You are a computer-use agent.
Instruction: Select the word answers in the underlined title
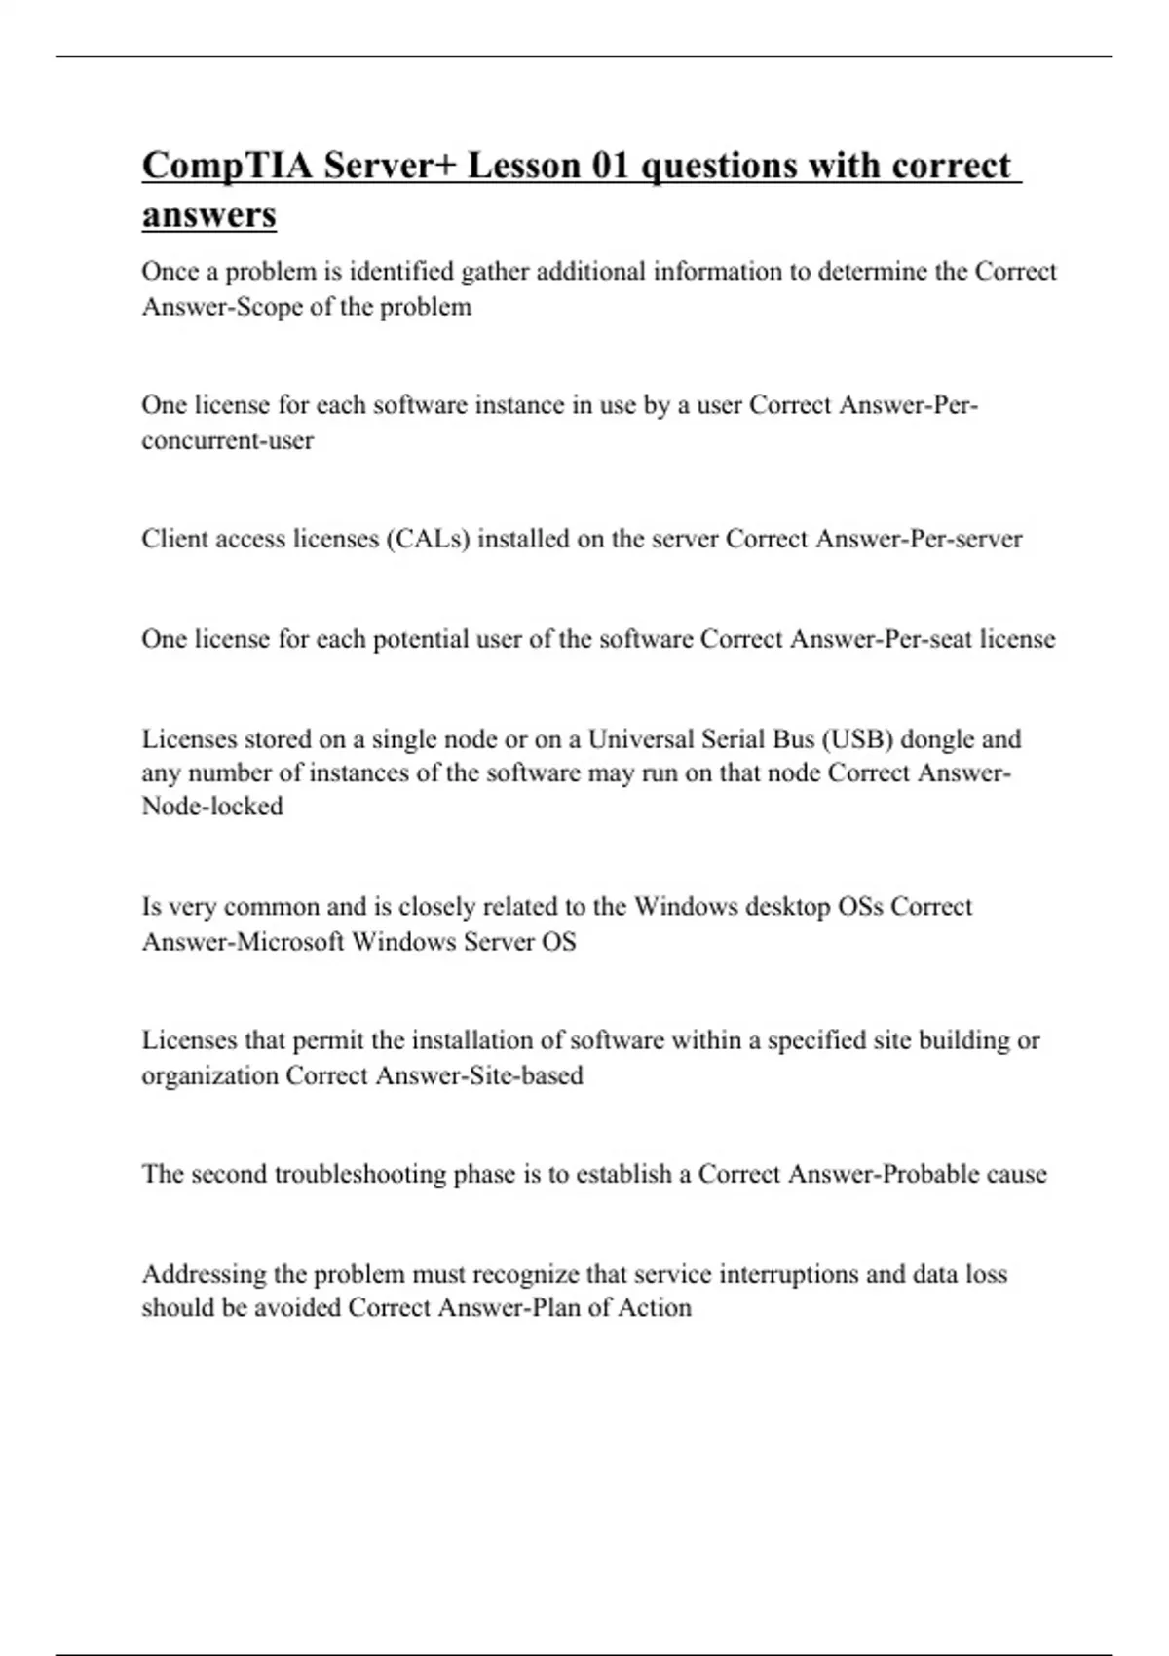[208, 214]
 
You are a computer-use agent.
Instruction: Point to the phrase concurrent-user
[227, 440]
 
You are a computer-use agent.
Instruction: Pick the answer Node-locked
[212, 807]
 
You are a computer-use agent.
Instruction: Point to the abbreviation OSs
[860, 907]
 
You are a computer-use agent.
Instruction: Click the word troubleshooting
[360, 1174]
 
